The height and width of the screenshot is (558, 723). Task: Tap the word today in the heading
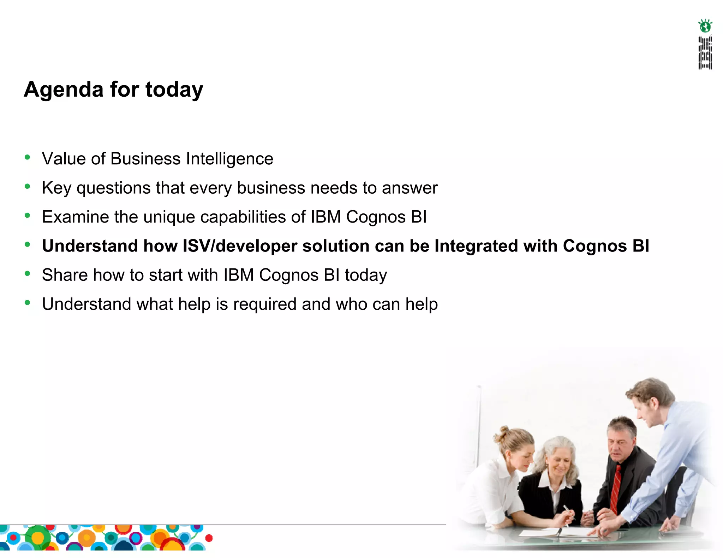pyautogui.click(x=174, y=90)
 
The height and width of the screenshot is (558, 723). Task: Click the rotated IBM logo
pyautogui.click(x=705, y=53)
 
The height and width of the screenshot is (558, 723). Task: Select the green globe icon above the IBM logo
pyautogui.click(x=705, y=26)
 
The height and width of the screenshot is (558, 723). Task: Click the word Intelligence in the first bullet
pyautogui.click(x=229, y=159)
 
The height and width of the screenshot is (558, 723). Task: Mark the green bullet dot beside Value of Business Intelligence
pyautogui.click(x=28, y=157)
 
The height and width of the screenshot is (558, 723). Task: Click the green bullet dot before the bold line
pyautogui.click(x=28, y=244)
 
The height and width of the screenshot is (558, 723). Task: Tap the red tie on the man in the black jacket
pyautogui.click(x=616, y=489)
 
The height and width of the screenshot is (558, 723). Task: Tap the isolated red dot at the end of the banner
pyautogui.click(x=209, y=538)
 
